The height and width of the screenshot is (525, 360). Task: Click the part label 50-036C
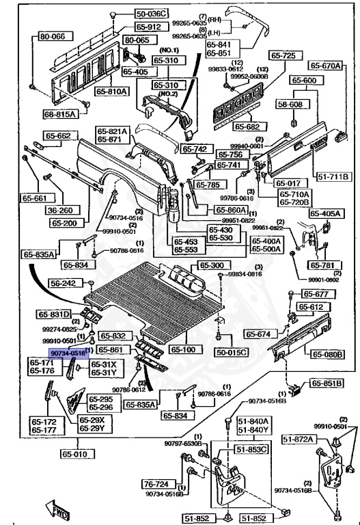tap(150, 13)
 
